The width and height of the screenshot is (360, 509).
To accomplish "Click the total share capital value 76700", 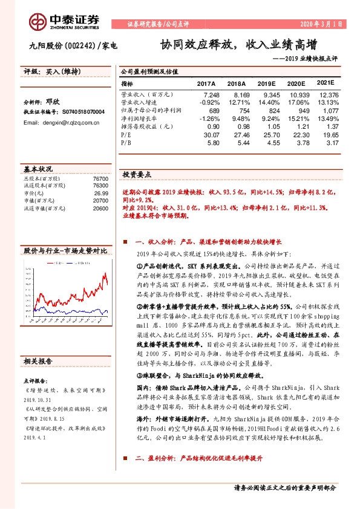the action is (100, 180).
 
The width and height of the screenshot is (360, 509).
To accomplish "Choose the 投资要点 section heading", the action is (137, 174).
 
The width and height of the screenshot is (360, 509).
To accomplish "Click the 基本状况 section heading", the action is (38, 169).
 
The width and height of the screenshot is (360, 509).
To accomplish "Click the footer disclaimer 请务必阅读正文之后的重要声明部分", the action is (284, 487).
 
